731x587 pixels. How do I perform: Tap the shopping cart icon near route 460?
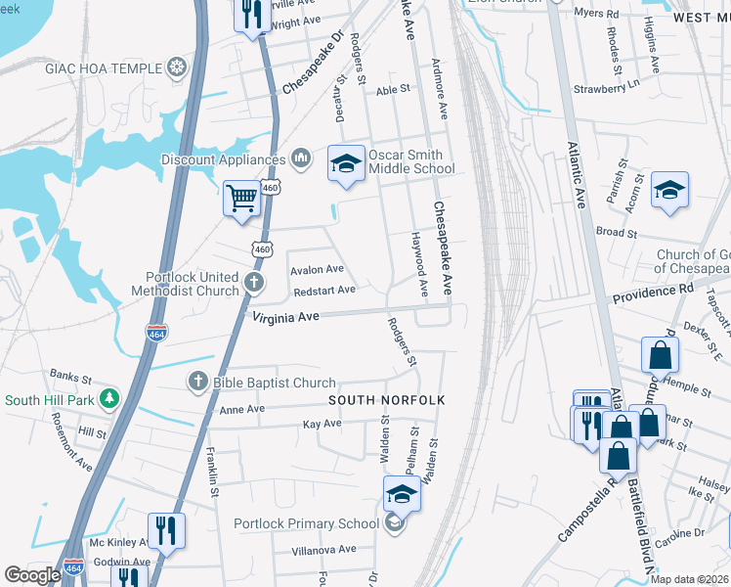(241, 198)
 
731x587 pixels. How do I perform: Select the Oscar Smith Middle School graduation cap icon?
(345, 163)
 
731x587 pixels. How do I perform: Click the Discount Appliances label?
(224, 159)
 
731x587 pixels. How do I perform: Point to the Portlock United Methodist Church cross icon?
(254, 285)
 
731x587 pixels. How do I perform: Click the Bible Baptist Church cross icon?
(197, 383)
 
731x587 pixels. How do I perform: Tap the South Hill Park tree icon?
(110, 399)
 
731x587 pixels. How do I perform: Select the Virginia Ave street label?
(286, 317)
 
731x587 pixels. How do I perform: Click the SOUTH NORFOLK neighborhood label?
(387, 401)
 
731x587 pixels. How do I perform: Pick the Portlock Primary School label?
(306, 523)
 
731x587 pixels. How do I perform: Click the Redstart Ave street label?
(323, 291)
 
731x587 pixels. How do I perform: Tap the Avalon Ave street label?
(318, 269)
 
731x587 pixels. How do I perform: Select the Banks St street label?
(70, 375)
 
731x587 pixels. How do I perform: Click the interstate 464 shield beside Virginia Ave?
(156, 333)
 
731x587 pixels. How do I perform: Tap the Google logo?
(32, 575)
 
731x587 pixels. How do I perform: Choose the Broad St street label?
(617, 234)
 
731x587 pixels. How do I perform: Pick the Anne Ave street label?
(243, 410)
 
